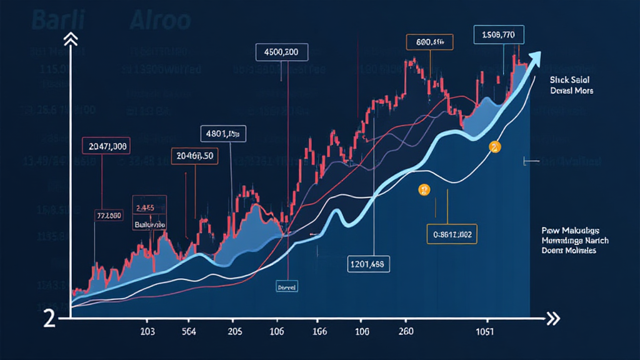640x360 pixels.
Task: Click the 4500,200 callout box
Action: pyautogui.click(x=282, y=52)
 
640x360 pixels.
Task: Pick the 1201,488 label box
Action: pyautogui.click(x=369, y=264)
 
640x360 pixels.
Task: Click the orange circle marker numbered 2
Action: pyautogui.click(x=494, y=147)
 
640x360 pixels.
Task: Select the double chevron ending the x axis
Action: pyautogui.click(x=552, y=319)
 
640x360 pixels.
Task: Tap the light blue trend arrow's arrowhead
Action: pyautogui.click(x=534, y=58)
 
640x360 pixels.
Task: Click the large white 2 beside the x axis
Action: pyautogui.click(x=50, y=318)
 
